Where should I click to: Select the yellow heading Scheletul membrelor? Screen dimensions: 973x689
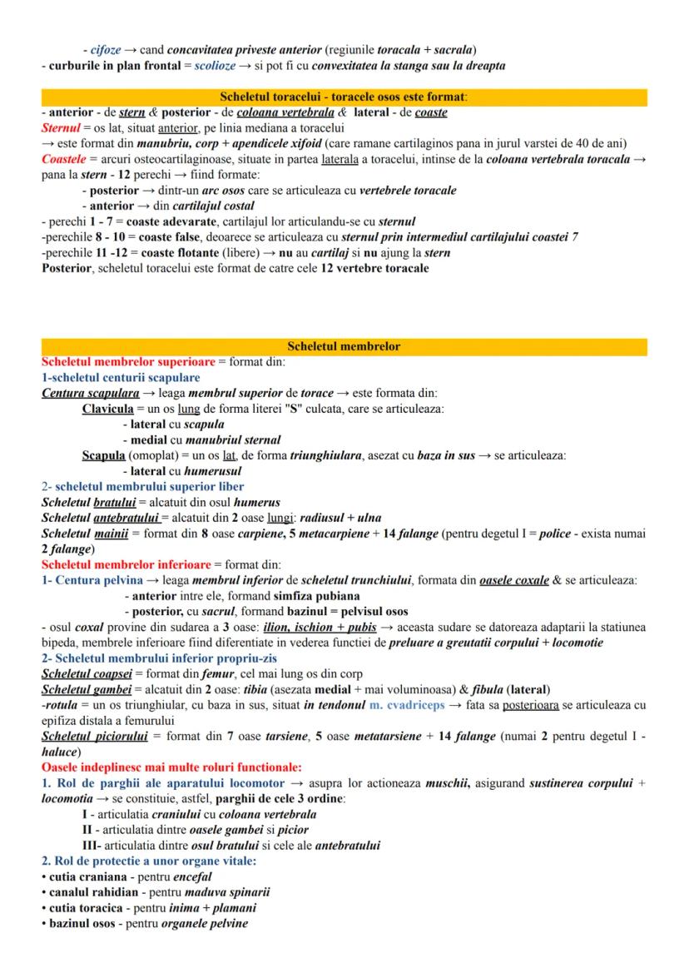(344, 346)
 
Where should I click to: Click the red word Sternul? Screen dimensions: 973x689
(59, 127)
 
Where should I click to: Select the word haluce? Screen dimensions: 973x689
(61, 752)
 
